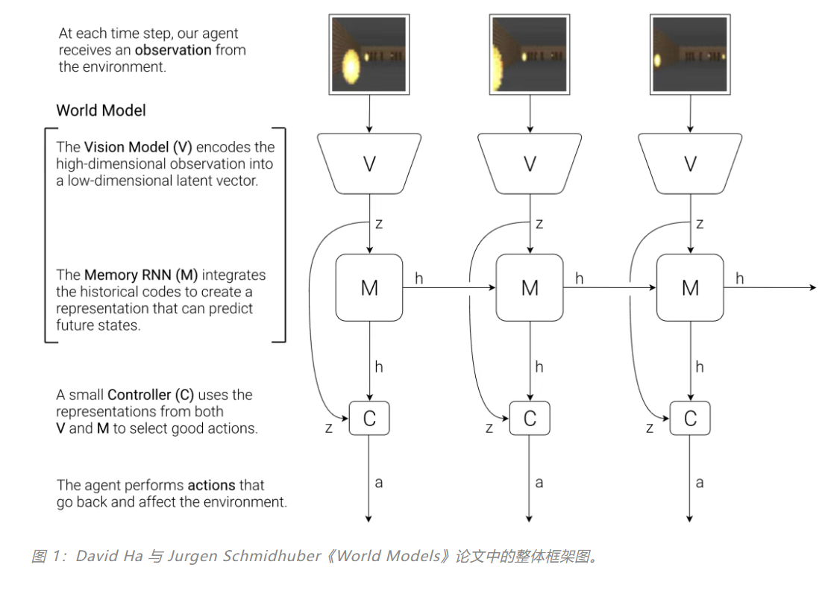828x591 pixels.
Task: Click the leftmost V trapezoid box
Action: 369,163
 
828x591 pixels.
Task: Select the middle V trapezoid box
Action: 530,163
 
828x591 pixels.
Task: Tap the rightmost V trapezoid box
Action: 690,163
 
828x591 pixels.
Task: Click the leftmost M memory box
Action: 369,287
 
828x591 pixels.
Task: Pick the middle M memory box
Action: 530,287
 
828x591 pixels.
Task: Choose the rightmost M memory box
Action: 690,287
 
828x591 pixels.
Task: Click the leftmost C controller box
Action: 369,419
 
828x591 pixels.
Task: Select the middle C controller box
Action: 530,419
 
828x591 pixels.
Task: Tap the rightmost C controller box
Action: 690,419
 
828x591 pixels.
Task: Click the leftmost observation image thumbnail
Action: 369,55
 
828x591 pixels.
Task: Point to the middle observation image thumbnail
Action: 530,55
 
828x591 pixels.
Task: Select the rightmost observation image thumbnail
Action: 690,55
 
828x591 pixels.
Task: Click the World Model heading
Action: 101,110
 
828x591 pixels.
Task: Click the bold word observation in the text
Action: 174,51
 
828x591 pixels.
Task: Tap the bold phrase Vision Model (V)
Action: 138,147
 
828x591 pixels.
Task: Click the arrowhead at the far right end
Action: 812,287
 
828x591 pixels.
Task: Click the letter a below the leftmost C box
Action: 379,483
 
